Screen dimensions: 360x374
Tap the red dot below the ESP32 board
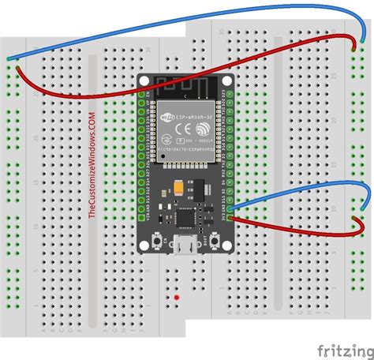pos(177,298)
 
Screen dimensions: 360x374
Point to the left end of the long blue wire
pos(9,59)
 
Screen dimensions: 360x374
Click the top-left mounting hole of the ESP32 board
pos(144,80)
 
